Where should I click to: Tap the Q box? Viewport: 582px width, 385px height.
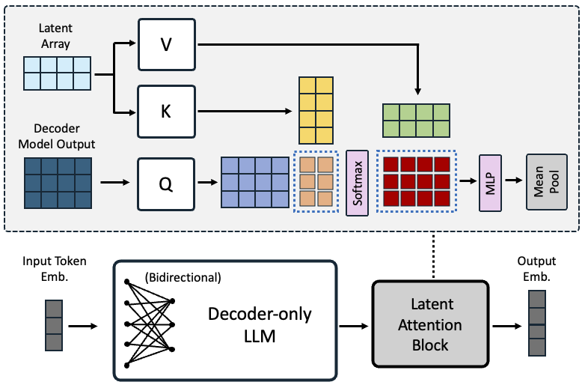pos(166,183)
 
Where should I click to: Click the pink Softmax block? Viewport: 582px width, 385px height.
pos(358,183)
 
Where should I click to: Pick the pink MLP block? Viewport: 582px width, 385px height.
pos(489,183)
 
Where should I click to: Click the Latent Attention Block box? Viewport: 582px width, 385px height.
pos(430,324)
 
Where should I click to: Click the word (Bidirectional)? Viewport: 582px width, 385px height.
pos(183,278)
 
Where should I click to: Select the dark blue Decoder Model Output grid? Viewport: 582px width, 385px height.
pos(58,183)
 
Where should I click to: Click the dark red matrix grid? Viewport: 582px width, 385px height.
pos(416,183)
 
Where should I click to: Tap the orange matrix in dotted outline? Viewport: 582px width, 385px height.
pos(315,183)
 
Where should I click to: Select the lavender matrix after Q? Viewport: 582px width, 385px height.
pos(254,183)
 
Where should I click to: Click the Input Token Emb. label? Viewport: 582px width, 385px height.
pos(55,267)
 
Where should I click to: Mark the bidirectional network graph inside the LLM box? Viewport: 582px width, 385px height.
pos(150,324)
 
